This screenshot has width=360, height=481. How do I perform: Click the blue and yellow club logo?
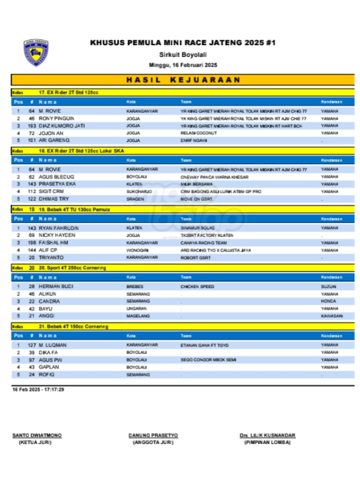36,53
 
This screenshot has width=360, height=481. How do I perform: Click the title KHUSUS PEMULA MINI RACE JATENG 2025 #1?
183,43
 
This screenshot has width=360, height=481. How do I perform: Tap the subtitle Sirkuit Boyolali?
183,54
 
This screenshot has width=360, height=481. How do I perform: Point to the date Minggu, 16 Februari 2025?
183,65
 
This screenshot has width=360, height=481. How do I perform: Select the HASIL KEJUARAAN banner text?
183,80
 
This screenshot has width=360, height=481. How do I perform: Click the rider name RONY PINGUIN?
56,118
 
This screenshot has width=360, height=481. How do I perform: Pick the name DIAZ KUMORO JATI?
62,126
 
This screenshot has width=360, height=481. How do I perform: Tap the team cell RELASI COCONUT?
199,133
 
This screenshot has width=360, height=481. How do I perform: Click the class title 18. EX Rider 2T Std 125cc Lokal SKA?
81,151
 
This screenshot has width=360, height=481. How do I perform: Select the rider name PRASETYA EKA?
57,184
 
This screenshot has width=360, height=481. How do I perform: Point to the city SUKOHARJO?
139,192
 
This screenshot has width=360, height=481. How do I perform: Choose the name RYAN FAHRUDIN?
59,228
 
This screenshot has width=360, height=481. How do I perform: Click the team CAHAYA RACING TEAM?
203,243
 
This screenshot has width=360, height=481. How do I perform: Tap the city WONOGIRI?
137,250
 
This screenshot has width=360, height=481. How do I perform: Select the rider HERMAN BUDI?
56,286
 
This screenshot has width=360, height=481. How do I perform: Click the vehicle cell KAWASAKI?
331,316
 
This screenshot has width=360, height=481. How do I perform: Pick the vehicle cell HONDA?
328,301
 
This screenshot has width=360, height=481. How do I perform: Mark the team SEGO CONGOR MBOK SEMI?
208,360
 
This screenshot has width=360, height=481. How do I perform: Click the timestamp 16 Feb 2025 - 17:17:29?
38,390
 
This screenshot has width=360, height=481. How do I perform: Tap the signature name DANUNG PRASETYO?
153,436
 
